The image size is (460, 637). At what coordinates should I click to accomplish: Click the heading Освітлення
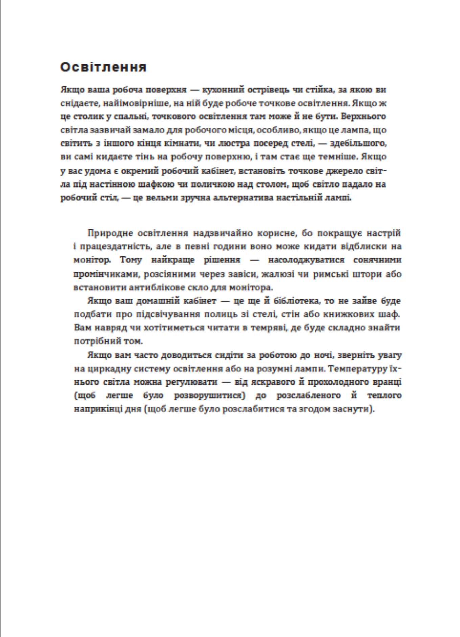pos(103,67)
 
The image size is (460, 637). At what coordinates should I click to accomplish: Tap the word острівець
pos(266,90)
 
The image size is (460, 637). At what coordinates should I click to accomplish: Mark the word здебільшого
pos(358,143)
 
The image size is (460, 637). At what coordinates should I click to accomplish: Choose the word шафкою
pos(155,184)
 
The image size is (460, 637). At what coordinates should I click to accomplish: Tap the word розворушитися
pos(209,395)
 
